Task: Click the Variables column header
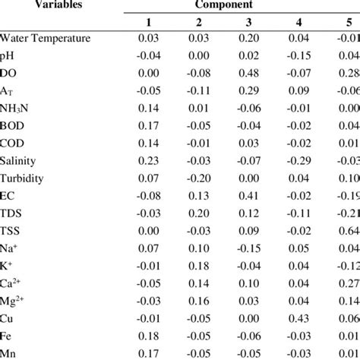pos(36,4)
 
